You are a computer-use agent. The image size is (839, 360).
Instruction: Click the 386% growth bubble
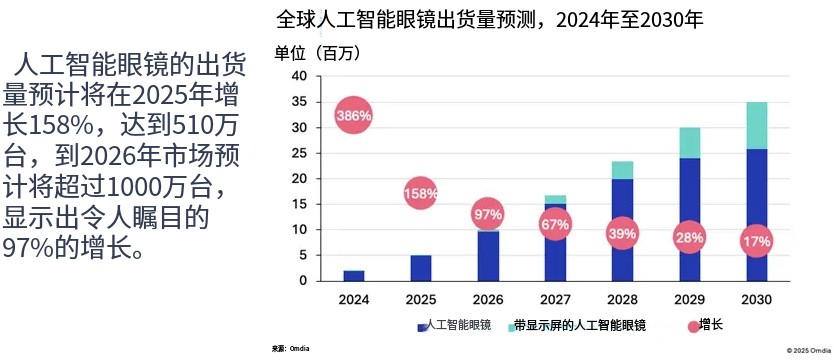pyautogui.click(x=354, y=116)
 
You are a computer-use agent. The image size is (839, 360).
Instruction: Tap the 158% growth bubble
pyautogui.click(x=421, y=192)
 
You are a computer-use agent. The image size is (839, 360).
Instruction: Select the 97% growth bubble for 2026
pyautogui.click(x=488, y=214)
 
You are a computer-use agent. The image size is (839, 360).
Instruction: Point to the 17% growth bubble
pyautogui.click(x=756, y=242)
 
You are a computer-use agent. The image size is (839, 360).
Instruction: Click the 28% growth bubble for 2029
pyautogui.click(x=689, y=237)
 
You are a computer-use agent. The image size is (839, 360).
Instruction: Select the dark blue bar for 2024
pyautogui.click(x=354, y=275)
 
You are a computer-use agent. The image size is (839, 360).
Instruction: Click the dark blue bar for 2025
pyautogui.click(x=421, y=268)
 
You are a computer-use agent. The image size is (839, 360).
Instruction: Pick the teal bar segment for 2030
pyautogui.click(x=756, y=125)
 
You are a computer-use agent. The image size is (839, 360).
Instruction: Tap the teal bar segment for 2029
pyautogui.click(x=689, y=143)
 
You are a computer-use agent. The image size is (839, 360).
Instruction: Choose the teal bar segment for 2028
pyautogui.click(x=622, y=170)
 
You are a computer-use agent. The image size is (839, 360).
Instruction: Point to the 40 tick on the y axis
pyautogui.click(x=299, y=77)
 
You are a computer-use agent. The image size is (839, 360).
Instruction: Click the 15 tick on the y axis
pyautogui.click(x=299, y=204)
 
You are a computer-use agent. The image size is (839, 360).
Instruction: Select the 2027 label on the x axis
pyautogui.click(x=555, y=299)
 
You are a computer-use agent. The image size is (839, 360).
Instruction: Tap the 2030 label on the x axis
pyautogui.click(x=756, y=299)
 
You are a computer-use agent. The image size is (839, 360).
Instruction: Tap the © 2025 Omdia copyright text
pyautogui.click(x=809, y=351)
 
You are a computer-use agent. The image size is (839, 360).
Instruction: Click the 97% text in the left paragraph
pyautogui.click(x=30, y=245)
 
